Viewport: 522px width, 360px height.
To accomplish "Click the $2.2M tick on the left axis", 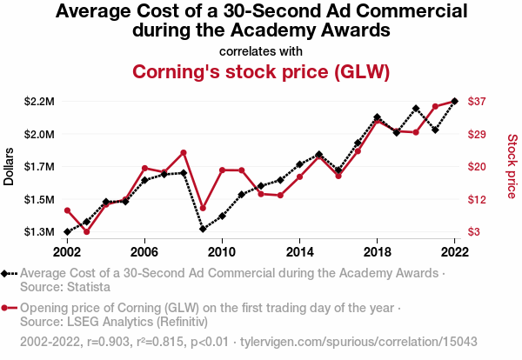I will tap(40, 102).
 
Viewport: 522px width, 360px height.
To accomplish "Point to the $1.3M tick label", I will tap(40, 232).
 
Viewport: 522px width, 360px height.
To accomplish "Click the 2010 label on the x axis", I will tap(222, 252).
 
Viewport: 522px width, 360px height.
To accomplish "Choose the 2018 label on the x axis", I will tap(377, 252).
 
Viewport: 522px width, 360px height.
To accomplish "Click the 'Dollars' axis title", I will tap(10, 166).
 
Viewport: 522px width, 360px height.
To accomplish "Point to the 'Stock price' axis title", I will tap(512, 166).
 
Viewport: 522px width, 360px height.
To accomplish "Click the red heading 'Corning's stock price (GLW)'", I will tap(260, 70).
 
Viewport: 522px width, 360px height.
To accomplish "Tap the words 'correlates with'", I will tap(260, 50).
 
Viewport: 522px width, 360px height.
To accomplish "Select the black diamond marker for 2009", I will tap(203, 230).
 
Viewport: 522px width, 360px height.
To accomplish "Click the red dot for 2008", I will tap(184, 153).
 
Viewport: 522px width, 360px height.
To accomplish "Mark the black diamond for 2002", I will tap(67, 232).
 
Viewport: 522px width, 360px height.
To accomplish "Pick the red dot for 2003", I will tap(86, 232).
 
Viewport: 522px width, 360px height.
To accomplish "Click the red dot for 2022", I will tap(454, 102).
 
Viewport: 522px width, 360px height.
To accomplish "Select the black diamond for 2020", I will tap(416, 109).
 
